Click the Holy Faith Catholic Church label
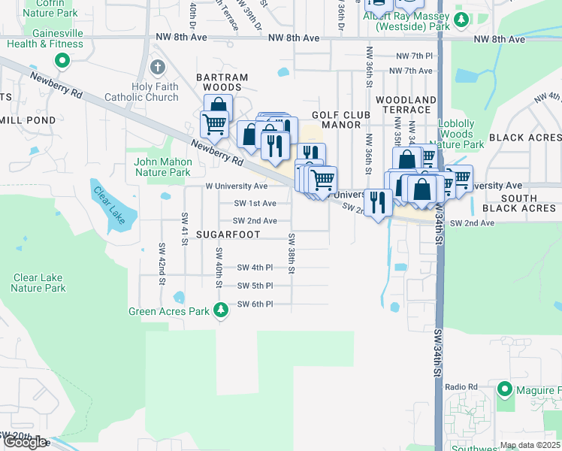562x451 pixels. coord(155,92)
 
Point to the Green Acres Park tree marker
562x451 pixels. coord(221,310)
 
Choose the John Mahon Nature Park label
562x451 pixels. coord(162,167)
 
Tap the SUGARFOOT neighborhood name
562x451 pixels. coord(228,235)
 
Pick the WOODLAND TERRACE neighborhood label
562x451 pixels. coord(406,104)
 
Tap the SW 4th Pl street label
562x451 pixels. coord(255,268)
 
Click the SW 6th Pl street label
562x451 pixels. coord(255,304)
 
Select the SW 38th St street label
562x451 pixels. coord(291,253)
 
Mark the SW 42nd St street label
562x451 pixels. coord(161,263)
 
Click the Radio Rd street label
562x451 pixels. coord(461,387)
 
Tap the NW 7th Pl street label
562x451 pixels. coord(415,56)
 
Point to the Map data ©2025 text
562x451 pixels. coord(530,445)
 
